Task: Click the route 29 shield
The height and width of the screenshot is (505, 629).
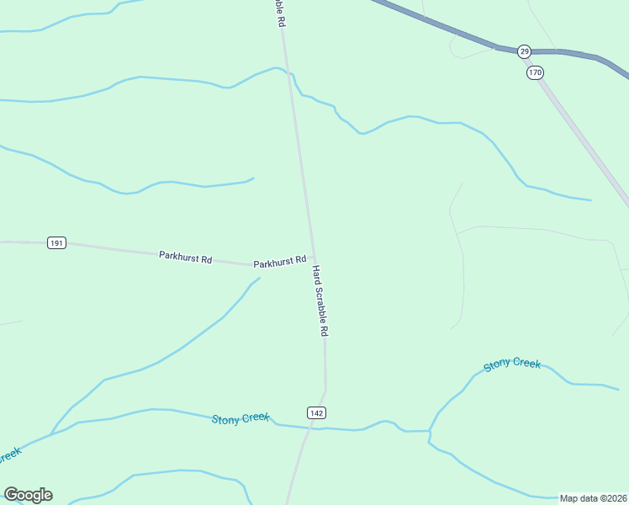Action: (x=524, y=51)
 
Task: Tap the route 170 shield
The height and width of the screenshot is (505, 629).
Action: (x=535, y=72)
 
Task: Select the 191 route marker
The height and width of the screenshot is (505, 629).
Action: (x=55, y=243)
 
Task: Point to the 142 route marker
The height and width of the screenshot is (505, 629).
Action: (x=316, y=412)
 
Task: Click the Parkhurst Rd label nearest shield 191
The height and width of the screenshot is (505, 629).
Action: (x=185, y=255)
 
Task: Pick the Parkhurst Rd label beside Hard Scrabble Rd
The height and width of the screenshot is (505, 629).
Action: (x=280, y=262)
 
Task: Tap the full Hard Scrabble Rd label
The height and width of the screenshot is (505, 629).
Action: (x=320, y=301)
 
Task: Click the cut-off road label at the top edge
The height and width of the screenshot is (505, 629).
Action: (x=277, y=13)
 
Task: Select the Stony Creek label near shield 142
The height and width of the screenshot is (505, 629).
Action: (x=240, y=418)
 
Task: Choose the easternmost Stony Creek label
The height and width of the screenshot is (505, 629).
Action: (x=511, y=364)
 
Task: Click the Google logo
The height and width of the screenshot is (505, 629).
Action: (x=28, y=495)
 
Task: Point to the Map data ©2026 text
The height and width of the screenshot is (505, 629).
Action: (x=593, y=498)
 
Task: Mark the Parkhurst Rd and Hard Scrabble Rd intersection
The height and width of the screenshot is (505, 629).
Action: (x=313, y=257)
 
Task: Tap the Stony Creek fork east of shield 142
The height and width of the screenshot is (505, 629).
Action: (x=430, y=432)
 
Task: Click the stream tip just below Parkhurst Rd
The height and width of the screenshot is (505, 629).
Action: (x=259, y=278)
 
